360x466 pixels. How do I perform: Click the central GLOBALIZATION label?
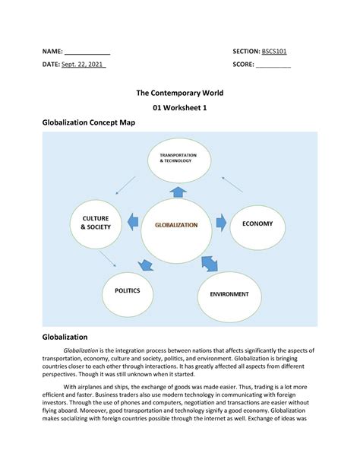coord(176,225)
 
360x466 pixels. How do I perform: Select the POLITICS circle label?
coord(128,290)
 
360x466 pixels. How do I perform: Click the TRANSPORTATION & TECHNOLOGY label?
coord(178,159)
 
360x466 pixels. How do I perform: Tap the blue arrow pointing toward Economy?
coord(221,223)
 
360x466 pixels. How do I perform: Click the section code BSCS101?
coord(274,51)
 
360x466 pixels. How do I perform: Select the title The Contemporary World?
coord(180,93)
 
